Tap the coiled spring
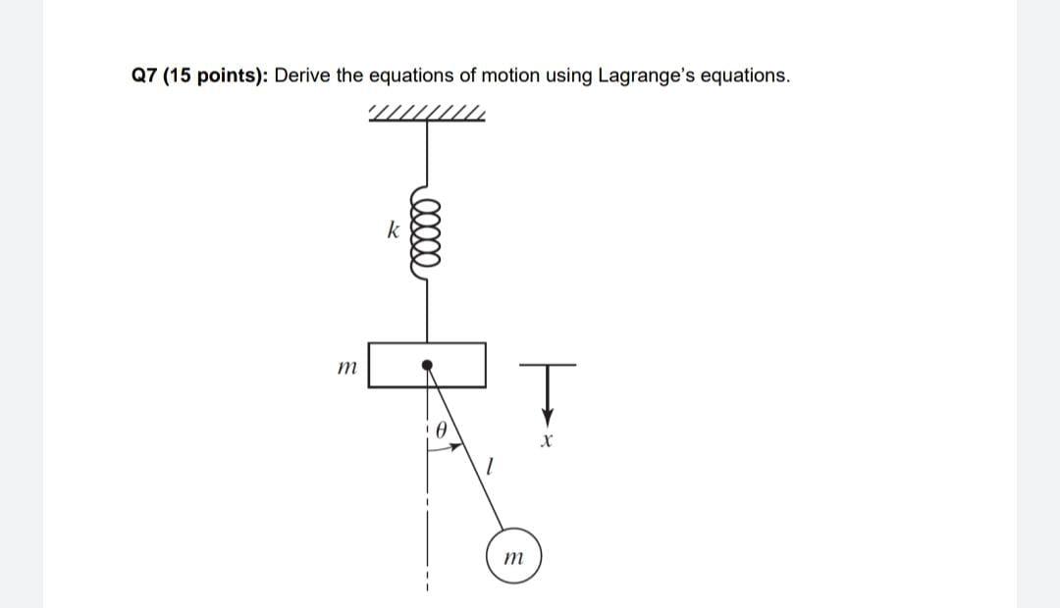(427, 239)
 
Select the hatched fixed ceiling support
(427, 115)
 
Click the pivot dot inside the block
(427, 367)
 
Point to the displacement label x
(543, 444)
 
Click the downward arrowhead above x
(542, 416)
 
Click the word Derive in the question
(299, 76)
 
